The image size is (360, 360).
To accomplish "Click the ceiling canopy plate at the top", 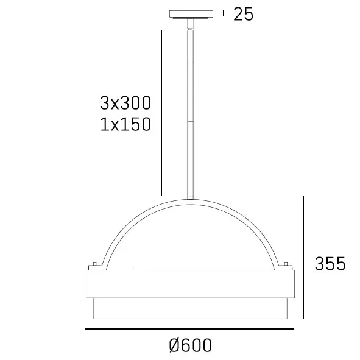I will click(x=191, y=14).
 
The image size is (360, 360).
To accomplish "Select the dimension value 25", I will click(x=243, y=14).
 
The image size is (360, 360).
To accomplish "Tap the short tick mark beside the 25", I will click(x=224, y=13).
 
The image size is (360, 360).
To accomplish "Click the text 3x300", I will click(x=125, y=102).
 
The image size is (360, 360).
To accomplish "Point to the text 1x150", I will click(x=125, y=124).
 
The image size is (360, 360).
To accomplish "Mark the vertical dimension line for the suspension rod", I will click(x=161, y=112).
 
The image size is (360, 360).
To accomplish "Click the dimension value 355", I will click(x=330, y=264).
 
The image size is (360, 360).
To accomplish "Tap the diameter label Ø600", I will click(x=190, y=345).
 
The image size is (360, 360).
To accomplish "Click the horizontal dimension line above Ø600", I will click(x=189, y=330).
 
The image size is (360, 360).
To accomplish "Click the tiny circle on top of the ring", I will click(x=133, y=267).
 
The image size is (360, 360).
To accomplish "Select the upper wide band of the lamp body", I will click(x=189, y=283).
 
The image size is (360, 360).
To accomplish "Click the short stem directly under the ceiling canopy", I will click(x=191, y=24).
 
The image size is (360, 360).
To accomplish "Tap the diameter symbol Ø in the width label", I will click(x=174, y=345).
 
